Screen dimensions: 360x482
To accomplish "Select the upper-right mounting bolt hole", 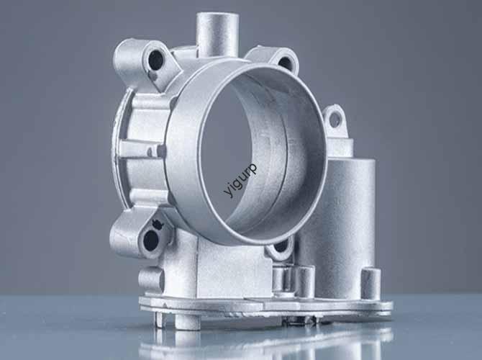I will (286, 63).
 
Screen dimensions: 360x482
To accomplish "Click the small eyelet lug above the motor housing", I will (334, 120).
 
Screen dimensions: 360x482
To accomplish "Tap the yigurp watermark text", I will (240, 180).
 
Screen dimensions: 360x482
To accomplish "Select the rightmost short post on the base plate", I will (370, 283).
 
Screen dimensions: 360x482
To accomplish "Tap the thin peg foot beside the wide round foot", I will (160, 318).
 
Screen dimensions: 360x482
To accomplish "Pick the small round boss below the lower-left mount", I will (151, 279).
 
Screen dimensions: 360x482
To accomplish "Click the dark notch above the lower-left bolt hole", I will (159, 225).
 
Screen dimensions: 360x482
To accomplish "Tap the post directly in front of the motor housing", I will (305, 281).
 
